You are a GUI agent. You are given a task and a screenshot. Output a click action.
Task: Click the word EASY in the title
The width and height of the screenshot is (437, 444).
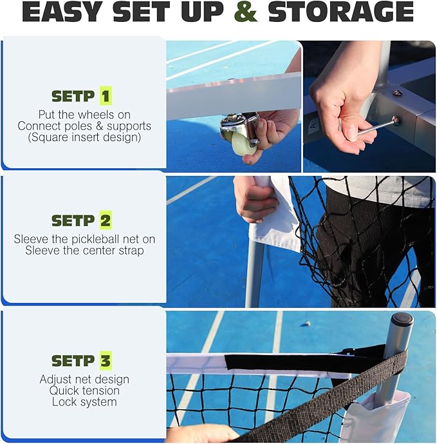pos(62,12)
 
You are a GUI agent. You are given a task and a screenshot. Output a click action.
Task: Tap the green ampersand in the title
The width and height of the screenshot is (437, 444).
pos(246,12)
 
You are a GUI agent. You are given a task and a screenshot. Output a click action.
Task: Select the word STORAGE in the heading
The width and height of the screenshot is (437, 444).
pos(341,12)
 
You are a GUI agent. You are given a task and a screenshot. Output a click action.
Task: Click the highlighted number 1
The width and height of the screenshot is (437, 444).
pos(106,96)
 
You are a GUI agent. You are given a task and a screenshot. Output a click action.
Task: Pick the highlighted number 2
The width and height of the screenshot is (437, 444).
pos(106,220)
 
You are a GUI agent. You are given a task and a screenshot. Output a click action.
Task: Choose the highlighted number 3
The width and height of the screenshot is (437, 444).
pos(106,361)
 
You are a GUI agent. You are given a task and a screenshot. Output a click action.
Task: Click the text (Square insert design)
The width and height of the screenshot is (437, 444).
pos(84,137)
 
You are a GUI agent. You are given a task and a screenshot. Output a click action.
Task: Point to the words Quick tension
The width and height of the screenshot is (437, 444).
pos(84,391)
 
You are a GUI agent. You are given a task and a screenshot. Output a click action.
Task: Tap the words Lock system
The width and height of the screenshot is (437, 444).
pos(84,402)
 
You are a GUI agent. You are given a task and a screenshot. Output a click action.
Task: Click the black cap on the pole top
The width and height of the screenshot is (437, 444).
pos(402,319)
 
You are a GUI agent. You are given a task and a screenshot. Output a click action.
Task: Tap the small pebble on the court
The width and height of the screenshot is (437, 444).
pos(308,323)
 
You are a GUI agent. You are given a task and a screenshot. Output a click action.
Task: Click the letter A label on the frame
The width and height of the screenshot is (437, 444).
pos(313,124)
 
